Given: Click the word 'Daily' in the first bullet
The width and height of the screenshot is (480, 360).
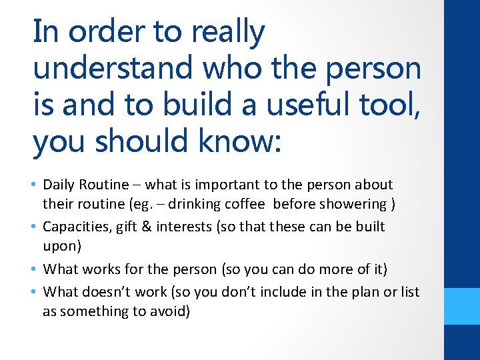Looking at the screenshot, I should point(59,185).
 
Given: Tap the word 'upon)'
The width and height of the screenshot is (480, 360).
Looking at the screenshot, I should point(61,246).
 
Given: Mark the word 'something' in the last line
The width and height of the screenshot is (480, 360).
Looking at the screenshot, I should point(91,311).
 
